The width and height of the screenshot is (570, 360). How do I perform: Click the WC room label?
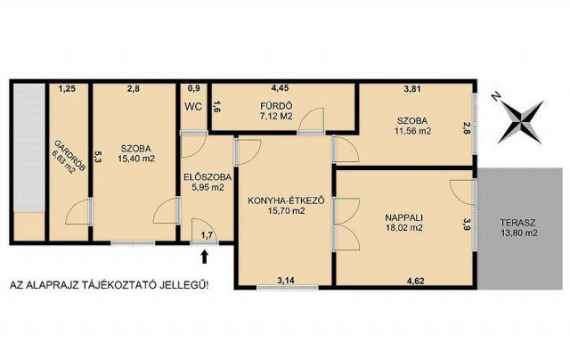tap(193, 107)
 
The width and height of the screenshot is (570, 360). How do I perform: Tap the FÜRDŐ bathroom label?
tap(276, 107)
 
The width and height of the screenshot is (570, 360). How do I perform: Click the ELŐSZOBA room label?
tap(208, 177)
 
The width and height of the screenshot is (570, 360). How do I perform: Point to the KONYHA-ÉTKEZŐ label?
tap(286, 200)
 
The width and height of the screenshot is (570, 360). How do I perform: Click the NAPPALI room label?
tap(403, 218)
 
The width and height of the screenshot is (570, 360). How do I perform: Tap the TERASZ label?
tap(518, 223)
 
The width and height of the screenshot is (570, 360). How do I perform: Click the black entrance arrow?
tap(205, 256)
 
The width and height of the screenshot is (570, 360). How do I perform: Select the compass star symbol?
tap(520, 122)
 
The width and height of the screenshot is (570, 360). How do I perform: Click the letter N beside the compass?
tap(494, 96)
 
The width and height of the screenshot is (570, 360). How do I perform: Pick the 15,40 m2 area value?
tap(136, 159)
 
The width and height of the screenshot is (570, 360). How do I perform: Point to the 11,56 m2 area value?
tap(412, 131)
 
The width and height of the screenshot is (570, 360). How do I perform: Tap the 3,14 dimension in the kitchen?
tap(286, 281)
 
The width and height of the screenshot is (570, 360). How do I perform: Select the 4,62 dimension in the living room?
tap(416, 281)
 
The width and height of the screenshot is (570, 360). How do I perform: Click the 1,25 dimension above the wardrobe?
tap(68, 88)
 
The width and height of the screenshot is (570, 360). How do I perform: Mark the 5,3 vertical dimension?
tap(97, 157)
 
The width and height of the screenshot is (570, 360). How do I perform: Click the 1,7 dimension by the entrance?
tap(207, 235)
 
